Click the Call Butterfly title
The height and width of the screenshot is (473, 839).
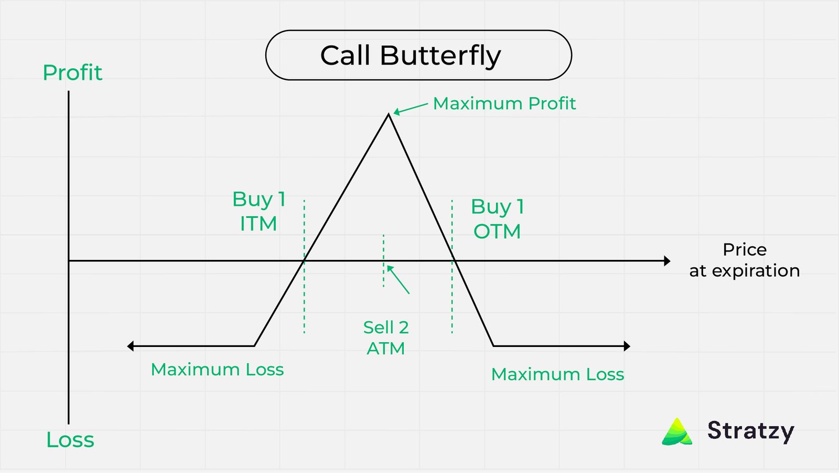(411, 56)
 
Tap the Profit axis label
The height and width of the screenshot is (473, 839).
(72, 72)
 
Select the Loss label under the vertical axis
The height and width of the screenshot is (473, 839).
(70, 440)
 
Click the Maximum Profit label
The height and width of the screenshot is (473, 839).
(504, 103)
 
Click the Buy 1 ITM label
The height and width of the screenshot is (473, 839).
(259, 211)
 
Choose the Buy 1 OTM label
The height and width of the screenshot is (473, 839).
(497, 218)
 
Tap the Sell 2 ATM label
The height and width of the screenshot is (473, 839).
(386, 338)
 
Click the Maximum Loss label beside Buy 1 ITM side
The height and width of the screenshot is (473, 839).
(217, 370)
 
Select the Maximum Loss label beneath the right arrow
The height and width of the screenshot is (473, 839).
(557, 374)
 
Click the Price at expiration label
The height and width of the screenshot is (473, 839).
(745, 260)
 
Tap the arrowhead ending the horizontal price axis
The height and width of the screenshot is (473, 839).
(667, 261)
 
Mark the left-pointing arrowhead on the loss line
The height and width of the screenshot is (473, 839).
(131, 346)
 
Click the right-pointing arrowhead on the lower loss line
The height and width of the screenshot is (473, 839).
(627, 346)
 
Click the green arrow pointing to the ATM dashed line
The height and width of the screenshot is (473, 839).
(398, 279)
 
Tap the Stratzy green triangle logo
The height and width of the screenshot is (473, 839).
(677, 432)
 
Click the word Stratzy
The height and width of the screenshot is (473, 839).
(750, 431)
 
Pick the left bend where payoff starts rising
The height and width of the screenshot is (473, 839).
(254, 346)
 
